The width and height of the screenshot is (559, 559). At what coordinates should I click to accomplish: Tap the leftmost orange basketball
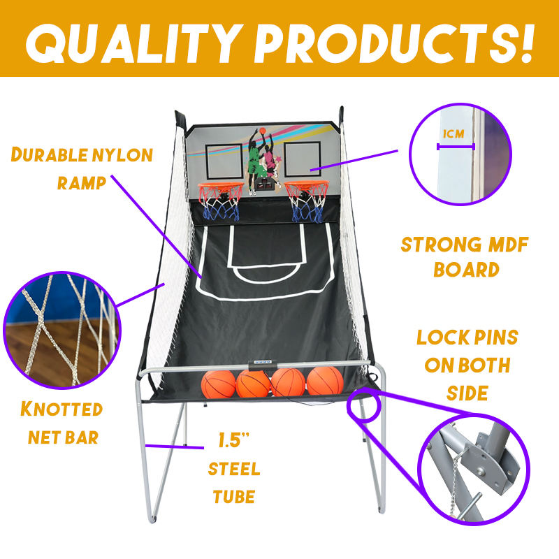217,383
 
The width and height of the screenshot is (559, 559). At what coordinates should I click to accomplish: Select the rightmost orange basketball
325,381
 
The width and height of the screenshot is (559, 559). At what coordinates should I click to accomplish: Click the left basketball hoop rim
219,187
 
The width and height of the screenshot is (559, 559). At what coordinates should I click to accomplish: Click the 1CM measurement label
454,134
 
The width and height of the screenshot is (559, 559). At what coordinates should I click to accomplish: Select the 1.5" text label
233,442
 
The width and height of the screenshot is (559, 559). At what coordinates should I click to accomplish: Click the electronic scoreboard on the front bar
263,362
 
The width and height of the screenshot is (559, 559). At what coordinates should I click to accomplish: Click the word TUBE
234,497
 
